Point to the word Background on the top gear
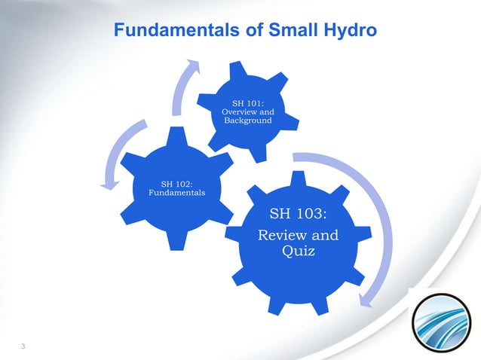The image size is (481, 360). coord(247,121)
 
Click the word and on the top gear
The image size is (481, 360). coord(267,112)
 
